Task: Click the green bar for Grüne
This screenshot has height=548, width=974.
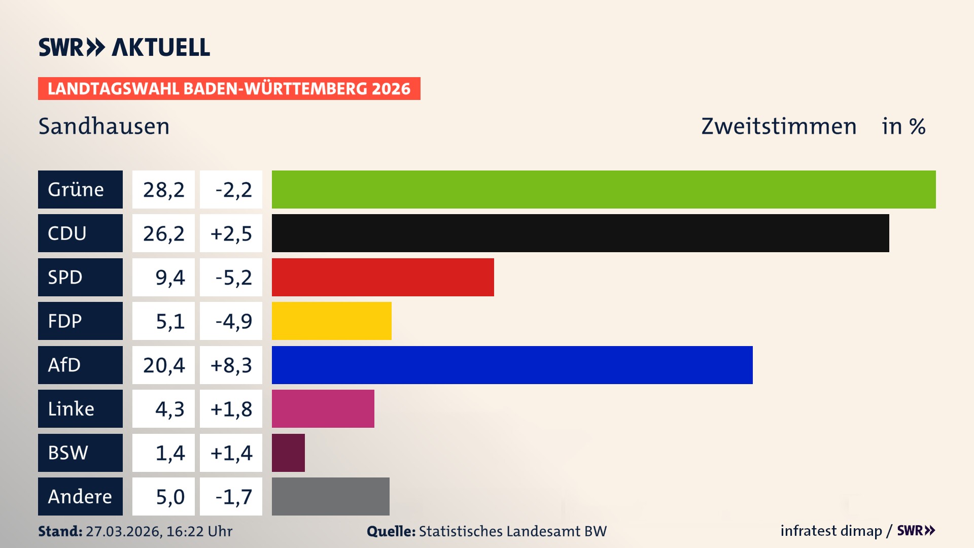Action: [x=604, y=189]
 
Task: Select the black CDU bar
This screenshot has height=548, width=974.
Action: [x=580, y=233]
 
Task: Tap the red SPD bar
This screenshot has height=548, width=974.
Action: [x=382, y=277]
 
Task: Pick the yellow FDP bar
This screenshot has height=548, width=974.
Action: [x=331, y=321]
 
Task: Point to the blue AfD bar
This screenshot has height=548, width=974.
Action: [x=512, y=365]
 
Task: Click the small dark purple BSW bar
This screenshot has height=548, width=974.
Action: [x=288, y=453]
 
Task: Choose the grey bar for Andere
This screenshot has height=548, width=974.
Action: [x=330, y=496]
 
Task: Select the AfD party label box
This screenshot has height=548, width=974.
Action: [x=80, y=365]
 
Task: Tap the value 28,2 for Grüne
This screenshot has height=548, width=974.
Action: [x=163, y=189]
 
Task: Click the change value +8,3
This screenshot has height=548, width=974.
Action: [x=231, y=365]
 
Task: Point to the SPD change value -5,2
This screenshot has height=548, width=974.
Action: [x=233, y=277]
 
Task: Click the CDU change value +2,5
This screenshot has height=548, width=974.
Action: [x=231, y=233]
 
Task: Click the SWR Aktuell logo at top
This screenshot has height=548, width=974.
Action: [x=124, y=47]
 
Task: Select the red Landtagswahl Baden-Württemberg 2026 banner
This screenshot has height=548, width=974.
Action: [x=229, y=88]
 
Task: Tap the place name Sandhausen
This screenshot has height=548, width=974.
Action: [x=104, y=126]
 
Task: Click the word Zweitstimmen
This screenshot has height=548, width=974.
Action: [x=778, y=126]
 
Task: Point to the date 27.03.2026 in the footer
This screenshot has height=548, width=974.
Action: [x=123, y=531]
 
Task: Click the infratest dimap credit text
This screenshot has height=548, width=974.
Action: [x=830, y=531]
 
